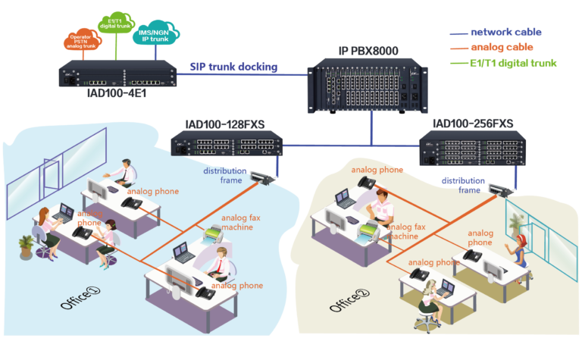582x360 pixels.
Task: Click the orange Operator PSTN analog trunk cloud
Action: point(83,40)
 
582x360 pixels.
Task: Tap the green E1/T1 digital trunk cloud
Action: point(116,23)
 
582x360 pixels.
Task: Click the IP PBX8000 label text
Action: point(368,51)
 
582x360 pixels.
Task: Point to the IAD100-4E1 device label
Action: point(117,93)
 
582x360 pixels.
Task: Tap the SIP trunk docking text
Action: point(233,67)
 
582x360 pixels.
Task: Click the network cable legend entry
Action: point(496,33)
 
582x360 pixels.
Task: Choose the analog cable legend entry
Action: point(491,47)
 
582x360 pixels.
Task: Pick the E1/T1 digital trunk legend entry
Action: point(503,63)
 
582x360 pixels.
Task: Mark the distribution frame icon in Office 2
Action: point(501,190)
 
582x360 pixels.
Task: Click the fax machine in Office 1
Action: point(214,234)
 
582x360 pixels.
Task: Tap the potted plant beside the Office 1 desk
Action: point(26,247)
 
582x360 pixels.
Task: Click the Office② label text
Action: point(349,301)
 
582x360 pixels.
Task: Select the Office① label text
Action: point(80,298)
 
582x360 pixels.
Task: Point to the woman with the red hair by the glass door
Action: point(518,253)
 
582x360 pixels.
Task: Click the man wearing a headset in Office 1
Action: point(122,172)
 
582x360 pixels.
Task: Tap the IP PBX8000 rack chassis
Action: point(368,86)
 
